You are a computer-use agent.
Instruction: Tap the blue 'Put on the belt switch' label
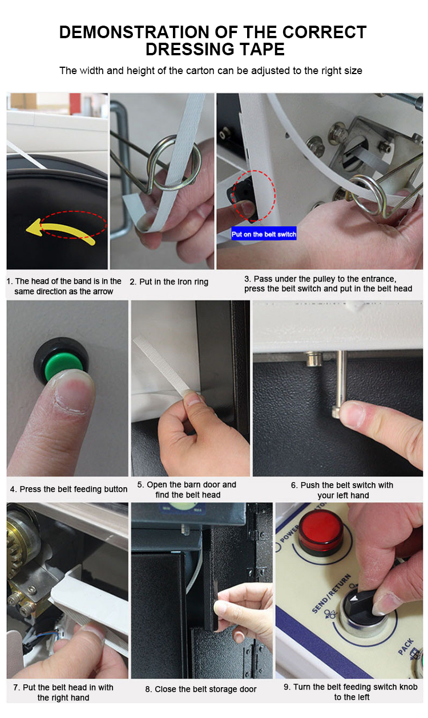[x=264, y=234]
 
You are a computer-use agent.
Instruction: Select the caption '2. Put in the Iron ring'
[x=169, y=282]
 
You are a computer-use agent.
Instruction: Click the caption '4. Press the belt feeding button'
[x=68, y=489]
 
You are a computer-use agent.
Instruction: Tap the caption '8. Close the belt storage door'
[x=201, y=689]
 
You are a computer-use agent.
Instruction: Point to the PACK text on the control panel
[x=406, y=645]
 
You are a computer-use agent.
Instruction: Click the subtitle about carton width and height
[x=211, y=71]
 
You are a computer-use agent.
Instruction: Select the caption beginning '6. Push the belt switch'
[x=342, y=490]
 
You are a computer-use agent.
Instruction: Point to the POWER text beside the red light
[x=289, y=533]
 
